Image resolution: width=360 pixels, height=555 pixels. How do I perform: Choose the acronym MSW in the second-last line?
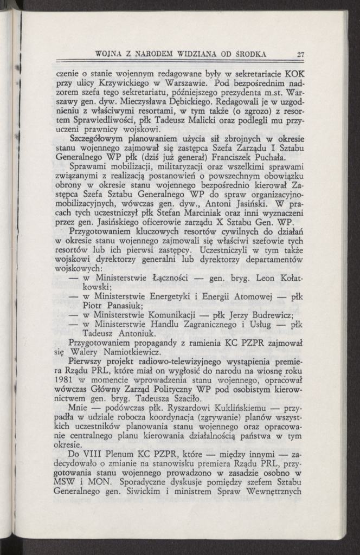click(68, 483)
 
